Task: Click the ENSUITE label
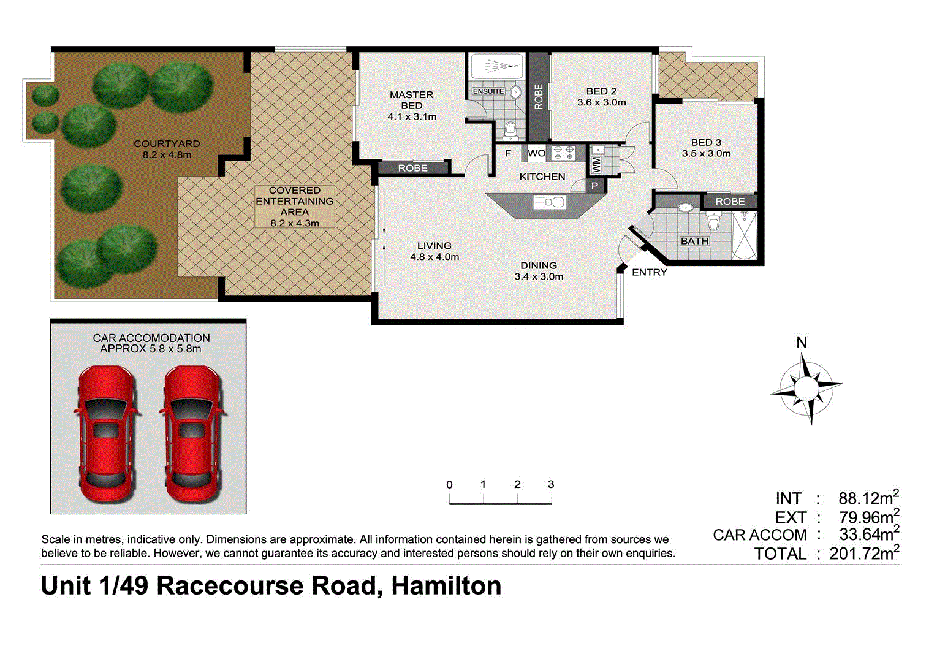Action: [488, 91]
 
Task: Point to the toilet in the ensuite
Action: [510, 131]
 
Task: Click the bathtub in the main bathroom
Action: [745, 235]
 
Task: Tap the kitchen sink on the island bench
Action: [549, 202]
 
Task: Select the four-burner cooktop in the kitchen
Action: [563, 153]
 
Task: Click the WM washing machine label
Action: [596, 164]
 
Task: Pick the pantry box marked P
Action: [594, 186]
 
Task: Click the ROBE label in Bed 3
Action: [730, 201]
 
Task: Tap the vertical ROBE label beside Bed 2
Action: [539, 97]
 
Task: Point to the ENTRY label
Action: [649, 272]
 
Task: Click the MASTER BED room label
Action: [412, 100]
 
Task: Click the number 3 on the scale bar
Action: [551, 484]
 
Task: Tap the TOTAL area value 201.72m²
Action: [863, 554]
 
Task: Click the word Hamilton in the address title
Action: [446, 586]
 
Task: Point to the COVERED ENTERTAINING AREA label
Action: [295, 201]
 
